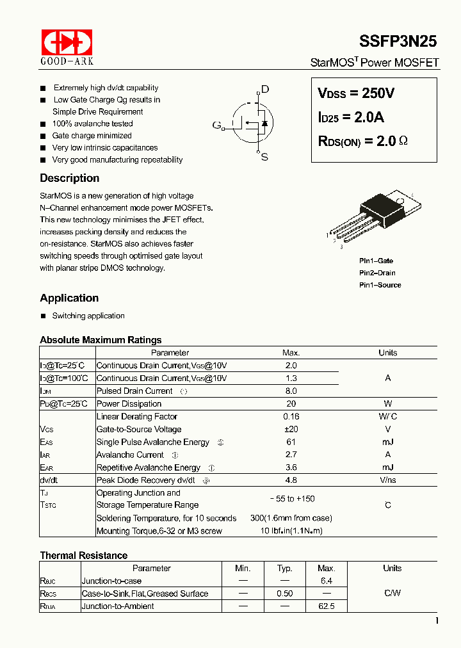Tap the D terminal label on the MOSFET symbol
265,90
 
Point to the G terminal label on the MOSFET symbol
216,124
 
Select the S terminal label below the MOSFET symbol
264,157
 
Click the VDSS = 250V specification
356,93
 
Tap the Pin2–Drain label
377,273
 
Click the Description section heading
69,178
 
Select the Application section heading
69,298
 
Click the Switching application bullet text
88,316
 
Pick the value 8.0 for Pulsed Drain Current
291,391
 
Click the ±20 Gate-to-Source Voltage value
291,429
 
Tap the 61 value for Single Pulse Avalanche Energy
291,442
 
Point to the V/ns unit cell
387,480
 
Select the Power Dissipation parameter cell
129,403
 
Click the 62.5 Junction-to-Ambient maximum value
327,606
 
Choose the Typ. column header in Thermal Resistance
284,568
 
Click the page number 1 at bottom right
437,620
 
